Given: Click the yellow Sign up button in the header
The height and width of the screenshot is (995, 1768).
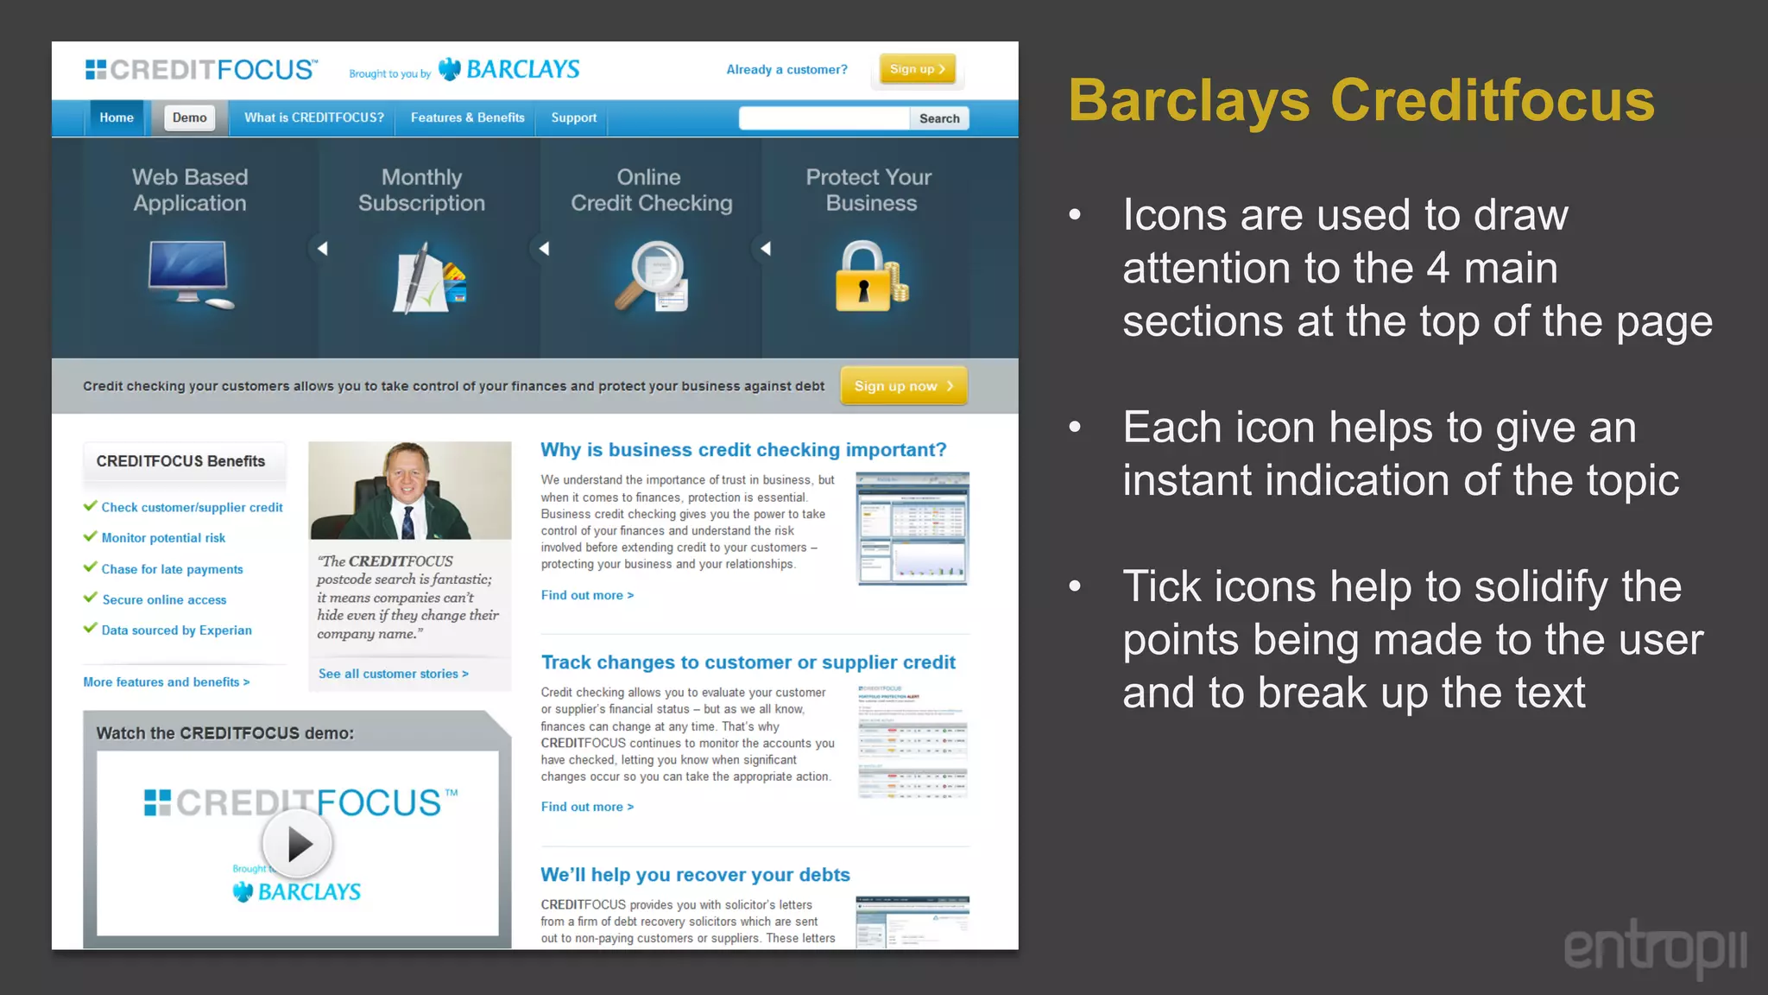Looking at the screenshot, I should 917,69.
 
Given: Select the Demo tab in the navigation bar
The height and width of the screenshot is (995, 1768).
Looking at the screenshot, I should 189,117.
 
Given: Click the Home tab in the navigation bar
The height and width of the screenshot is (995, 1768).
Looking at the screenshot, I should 117,117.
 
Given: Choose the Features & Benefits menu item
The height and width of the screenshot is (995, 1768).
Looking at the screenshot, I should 467,117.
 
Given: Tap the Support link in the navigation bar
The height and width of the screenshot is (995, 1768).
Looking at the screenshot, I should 573,117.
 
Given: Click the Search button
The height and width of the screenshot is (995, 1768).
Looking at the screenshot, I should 939,118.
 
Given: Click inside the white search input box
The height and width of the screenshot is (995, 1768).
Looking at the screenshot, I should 824,118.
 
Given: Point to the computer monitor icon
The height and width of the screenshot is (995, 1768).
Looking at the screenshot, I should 189,272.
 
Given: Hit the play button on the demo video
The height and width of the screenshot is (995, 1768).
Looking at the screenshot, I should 297,844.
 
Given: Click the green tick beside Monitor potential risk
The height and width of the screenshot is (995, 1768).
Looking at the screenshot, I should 90,536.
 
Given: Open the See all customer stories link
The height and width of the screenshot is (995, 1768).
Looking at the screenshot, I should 393,674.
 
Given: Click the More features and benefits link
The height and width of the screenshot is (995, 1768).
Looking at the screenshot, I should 167,682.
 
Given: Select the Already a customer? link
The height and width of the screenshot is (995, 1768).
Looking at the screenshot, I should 786,70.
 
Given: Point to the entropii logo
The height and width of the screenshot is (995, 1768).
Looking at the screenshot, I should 1655,948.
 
